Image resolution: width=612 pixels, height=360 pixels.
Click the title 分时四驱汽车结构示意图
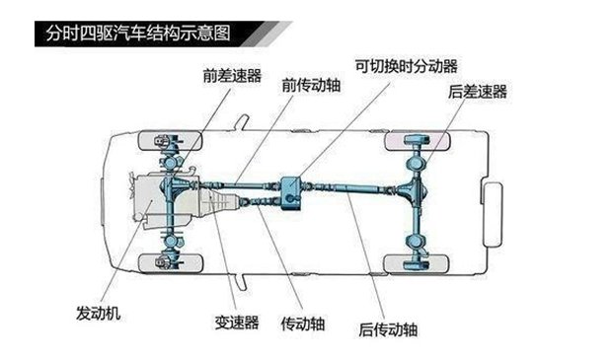click(138, 34)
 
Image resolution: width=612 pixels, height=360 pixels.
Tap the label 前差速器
click(232, 76)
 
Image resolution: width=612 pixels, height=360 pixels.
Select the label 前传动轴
click(311, 86)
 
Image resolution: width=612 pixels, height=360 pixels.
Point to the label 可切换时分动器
click(407, 66)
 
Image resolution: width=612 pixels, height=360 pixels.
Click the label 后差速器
click(478, 92)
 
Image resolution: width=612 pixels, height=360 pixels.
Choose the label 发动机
click(99, 314)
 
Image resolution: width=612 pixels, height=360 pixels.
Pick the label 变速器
click(237, 323)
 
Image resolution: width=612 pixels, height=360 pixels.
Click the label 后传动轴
click(388, 330)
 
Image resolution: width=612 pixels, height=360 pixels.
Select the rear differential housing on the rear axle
click(415, 190)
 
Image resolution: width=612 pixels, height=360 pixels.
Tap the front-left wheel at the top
click(171, 140)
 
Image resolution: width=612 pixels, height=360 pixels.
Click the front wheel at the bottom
click(171, 263)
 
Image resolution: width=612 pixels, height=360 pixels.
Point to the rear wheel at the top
click(417, 141)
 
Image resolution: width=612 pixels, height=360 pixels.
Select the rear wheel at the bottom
click(417, 264)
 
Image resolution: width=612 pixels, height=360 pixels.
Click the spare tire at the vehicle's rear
click(493, 214)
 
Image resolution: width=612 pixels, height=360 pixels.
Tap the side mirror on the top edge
click(242, 122)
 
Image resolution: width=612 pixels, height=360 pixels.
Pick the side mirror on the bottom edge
click(241, 282)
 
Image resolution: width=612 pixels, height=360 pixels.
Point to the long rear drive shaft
click(350, 188)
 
